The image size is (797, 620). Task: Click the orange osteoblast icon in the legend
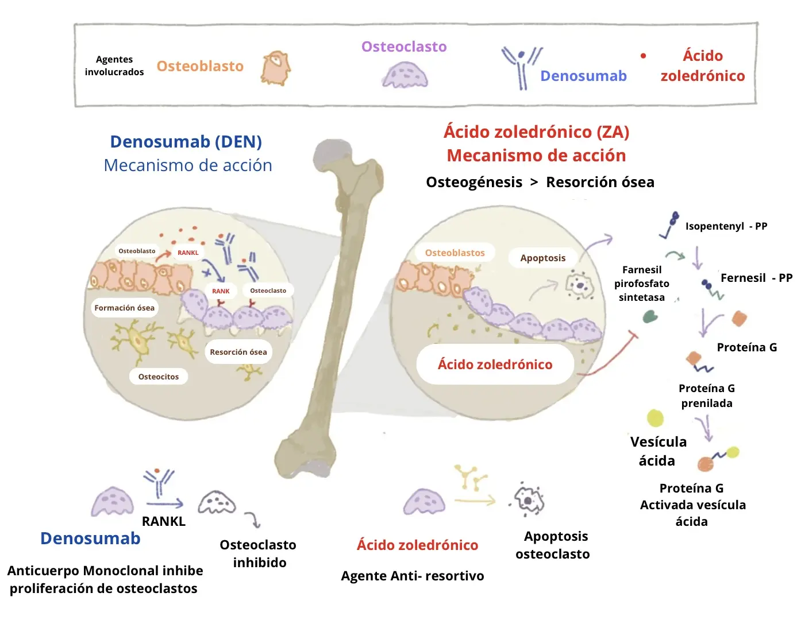(275, 68)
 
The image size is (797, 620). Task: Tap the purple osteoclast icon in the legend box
(405, 75)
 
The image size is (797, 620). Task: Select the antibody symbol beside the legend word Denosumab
(522, 68)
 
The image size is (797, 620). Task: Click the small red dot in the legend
(643, 56)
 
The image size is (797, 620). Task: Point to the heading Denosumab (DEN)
(186, 142)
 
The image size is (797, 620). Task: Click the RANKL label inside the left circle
(188, 253)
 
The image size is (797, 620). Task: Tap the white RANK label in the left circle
(221, 291)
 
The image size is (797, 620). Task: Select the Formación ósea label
(124, 308)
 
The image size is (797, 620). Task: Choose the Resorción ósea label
(238, 352)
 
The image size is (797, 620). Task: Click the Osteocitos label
(159, 377)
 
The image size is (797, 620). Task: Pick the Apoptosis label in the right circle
(543, 258)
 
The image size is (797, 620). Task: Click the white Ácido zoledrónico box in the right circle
(495, 364)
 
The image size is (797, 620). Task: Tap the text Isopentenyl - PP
(726, 226)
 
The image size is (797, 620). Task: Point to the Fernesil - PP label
(756, 278)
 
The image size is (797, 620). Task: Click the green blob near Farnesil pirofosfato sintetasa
(650, 316)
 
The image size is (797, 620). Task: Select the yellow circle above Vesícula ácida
(655, 418)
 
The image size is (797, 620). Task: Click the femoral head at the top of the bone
(332, 155)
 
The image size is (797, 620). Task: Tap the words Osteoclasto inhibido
(259, 553)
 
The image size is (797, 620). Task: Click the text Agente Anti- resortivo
(413, 576)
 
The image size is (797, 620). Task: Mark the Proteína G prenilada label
(707, 396)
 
